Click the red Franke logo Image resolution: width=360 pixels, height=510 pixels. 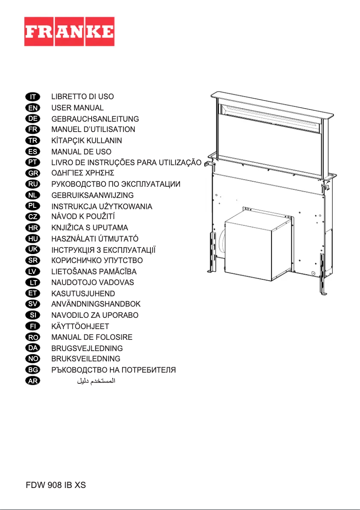(69, 31)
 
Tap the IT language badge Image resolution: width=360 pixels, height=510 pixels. (33, 97)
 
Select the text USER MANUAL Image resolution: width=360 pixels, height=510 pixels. (77, 108)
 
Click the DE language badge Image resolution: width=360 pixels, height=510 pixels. (33, 119)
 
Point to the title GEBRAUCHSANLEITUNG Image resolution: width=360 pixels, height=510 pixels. (95, 119)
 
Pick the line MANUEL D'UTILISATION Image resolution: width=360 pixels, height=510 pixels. (93, 130)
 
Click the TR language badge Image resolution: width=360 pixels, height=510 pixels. (33, 141)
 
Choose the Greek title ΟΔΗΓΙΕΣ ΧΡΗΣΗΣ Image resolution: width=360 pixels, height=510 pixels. (83, 173)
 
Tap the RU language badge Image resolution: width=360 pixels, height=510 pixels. (33, 184)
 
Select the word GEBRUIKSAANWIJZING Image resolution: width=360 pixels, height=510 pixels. (92, 195)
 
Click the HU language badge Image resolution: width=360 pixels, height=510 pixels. (33, 238)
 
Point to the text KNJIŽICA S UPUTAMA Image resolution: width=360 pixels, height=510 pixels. (90, 228)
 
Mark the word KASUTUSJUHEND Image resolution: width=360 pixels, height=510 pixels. (83, 293)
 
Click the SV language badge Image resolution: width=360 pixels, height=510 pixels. (33, 304)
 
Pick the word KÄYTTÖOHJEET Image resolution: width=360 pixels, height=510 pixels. (80, 326)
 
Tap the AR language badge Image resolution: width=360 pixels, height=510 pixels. (33, 381)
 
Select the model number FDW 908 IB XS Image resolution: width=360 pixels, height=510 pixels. (55, 485)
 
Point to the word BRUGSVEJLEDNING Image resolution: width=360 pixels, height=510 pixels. (87, 348)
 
